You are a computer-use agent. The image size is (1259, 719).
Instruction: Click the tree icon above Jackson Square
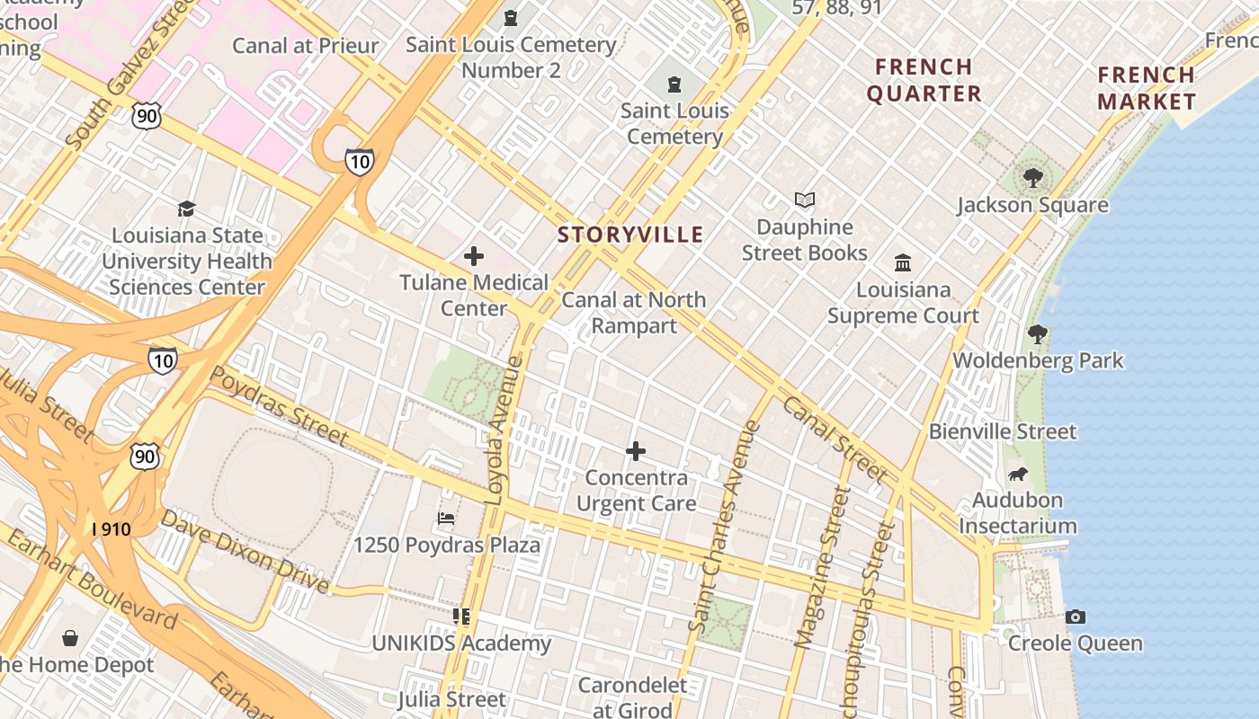[x=1032, y=178]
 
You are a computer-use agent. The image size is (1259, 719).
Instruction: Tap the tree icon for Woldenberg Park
[x=1038, y=334]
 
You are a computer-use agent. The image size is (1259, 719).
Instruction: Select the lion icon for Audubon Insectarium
[x=1017, y=474]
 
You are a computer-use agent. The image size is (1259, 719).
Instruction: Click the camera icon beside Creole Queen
[x=1075, y=617]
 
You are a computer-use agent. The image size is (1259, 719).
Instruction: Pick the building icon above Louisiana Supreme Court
[x=903, y=262]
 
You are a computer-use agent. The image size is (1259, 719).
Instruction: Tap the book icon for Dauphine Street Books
[x=804, y=200]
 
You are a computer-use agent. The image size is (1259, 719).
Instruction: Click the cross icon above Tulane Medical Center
[x=474, y=256]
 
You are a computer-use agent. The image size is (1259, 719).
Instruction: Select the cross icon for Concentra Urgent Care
[x=636, y=450]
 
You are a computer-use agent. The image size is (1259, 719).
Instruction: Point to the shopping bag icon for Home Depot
[x=70, y=638]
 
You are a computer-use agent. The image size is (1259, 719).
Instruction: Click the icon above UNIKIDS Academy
[x=461, y=617]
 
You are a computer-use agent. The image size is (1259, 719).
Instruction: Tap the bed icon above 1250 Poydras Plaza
[x=446, y=519]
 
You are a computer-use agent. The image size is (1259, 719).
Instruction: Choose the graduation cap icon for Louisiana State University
[x=186, y=209]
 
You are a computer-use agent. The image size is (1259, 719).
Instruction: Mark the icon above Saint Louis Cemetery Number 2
[x=511, y=18]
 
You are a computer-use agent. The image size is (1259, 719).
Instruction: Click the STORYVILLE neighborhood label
[x=630, y=235]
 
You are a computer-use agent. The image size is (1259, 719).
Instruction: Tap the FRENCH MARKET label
[x=1147, y=88]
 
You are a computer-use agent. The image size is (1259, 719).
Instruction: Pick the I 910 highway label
[x=112, y=528]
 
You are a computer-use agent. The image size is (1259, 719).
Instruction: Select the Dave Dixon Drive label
[x=245, y=552]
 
